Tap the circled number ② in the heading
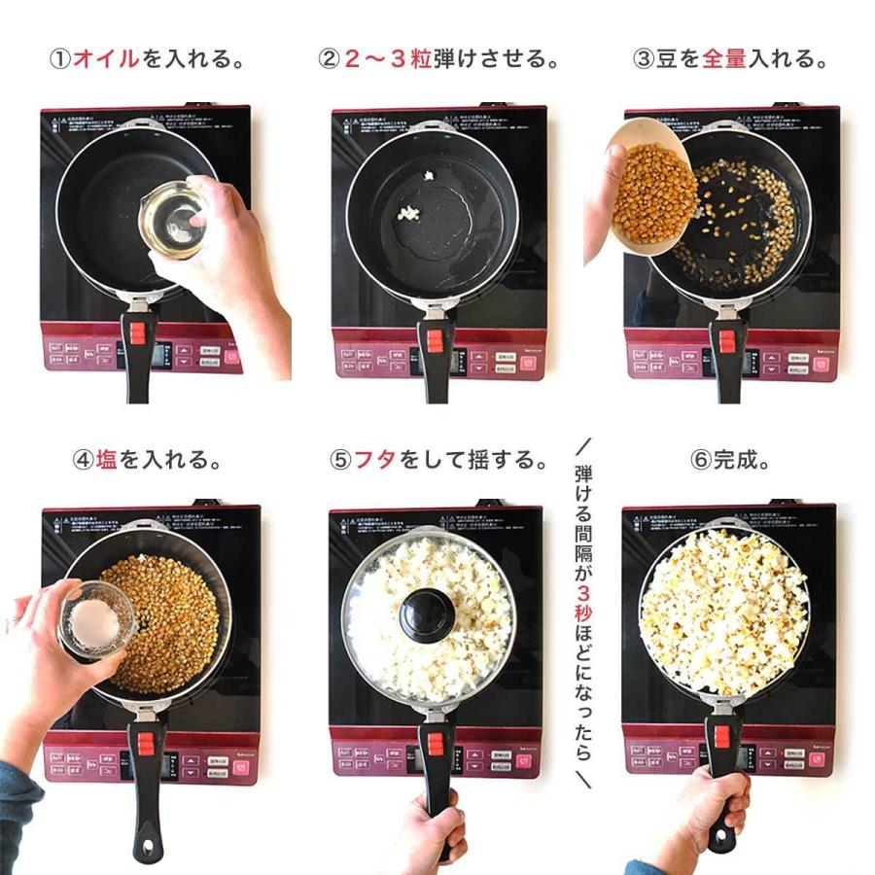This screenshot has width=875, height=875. click(329, 58)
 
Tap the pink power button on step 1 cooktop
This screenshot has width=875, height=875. click(231, 356)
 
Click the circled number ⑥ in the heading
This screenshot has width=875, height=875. click(701, 460)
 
